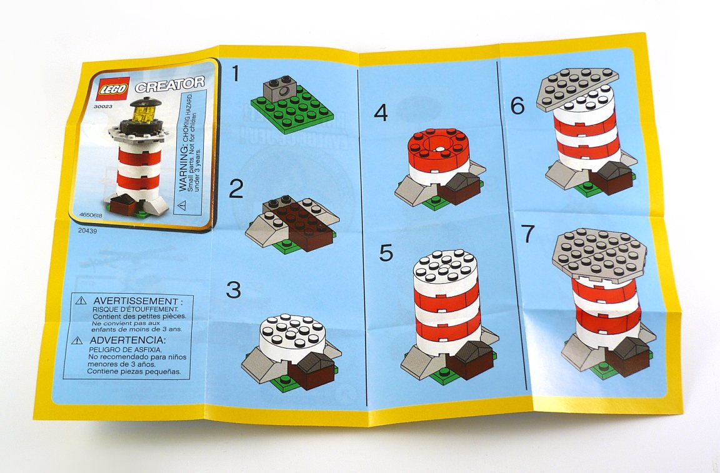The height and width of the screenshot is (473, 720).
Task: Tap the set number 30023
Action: click(x=104, y=107)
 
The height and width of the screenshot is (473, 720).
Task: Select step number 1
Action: click(x=236, y=74)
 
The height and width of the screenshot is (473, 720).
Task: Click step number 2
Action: click(x=236, y=189)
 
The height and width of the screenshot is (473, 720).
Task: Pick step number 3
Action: click(x=234, y=290)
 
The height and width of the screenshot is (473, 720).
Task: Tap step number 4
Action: click(x=381, y=112)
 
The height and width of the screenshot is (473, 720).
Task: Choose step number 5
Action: click(x=387, y=252)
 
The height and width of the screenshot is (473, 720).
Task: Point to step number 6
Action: click(x=517, y=106)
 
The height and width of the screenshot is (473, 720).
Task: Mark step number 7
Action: click(x=529, y=234)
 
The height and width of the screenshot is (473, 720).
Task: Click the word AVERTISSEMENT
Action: click(x=136, y=301)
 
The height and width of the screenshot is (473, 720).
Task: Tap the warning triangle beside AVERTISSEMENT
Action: click(x=81, y=301)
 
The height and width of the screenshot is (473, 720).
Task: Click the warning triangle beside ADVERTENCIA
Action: click(x=78, y=341)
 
